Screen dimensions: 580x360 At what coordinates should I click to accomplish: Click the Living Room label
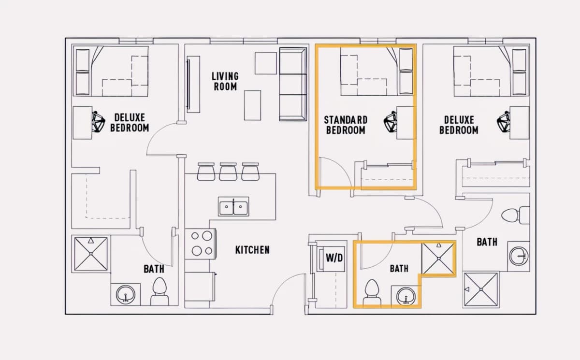pyautogui.click(x=225, y=81)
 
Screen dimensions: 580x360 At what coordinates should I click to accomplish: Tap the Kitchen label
pyautogui.click(x=252, y=250)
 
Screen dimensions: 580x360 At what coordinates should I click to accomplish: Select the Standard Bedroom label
pyautogui.click(x=346, y=125)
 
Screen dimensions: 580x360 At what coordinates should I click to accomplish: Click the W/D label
pyautogui.click(x=334, y=258)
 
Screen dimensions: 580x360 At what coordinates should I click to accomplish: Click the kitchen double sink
pyautogui.click(x=233, y=206)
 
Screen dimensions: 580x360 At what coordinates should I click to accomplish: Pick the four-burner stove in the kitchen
pyautogui.click(x=201, y=244)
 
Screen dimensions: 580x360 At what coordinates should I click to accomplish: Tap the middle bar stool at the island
pyautogui.click(x=228, y=172)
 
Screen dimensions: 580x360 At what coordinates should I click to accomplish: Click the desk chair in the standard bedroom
pyautogui.click(x=390, y=122)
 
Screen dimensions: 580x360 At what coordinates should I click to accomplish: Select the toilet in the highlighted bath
pyautogui.click(x=372, y=293)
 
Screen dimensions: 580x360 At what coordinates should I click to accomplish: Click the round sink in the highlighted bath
pyautogui.click(x=406, y=296)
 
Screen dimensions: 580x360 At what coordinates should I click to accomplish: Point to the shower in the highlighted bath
pyautogui.click(x=438, y=259)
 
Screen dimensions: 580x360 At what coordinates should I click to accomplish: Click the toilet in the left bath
pyautogui.click(x=159, y=291)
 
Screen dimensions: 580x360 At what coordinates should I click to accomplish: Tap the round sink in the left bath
pyautogui.click(x=126, y=294)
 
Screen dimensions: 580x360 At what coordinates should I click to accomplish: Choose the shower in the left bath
pyautogui.click(x=91, y=254)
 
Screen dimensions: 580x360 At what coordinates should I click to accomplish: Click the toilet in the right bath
pyautogui.click(x=515, y=215)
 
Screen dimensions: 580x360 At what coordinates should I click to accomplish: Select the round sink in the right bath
pyautogui.click(x=519, y=256)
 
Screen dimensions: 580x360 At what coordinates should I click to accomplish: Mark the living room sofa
pyautogui.click(x=293, y=84)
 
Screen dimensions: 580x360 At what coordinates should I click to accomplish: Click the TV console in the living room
pyautogui.click(x=193, y=85)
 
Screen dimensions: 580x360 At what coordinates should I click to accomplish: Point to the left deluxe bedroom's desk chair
pyautogui.click(x=99, y=122)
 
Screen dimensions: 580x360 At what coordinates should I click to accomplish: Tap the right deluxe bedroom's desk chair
pyautogui.click(x=503, y=122)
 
